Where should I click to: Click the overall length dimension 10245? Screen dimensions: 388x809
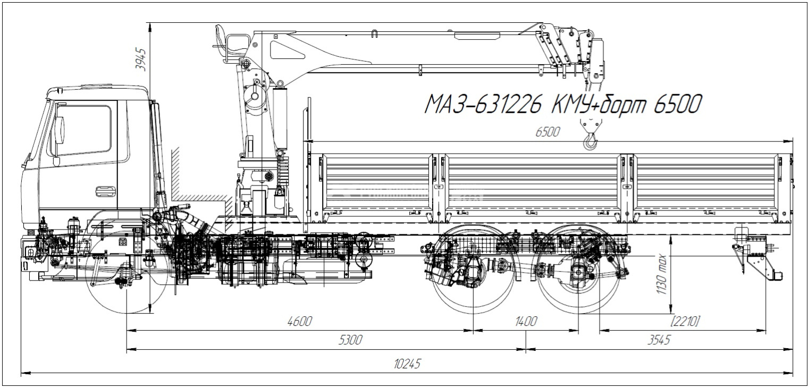407,364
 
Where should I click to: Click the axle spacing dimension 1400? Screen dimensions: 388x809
526,322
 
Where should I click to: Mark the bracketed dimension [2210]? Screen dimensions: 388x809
685,322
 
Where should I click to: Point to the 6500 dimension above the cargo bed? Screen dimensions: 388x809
547,133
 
